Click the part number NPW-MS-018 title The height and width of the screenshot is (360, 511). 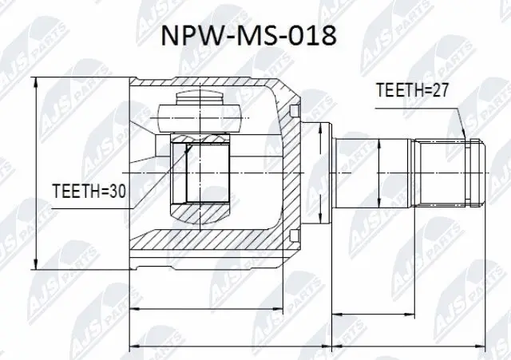(255, 38)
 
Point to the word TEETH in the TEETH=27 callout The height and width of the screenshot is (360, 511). (398, 91)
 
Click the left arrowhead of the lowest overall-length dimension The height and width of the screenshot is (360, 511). (133, 347)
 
